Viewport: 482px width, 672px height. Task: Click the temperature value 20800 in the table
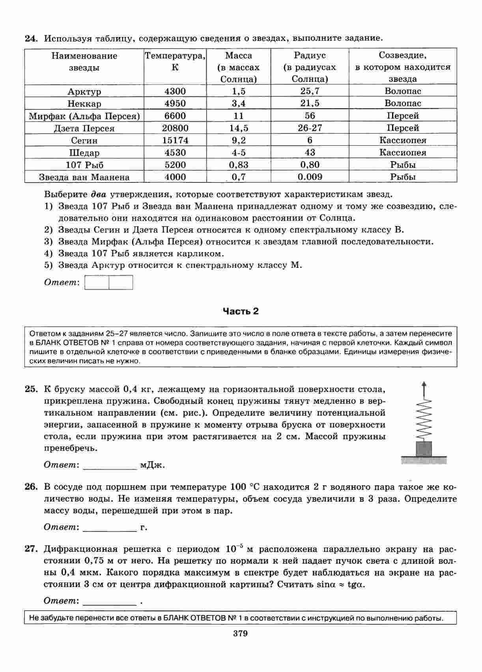[175, 128]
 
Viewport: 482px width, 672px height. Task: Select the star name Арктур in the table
[84, 92]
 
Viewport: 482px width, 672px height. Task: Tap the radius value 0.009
[310, 177]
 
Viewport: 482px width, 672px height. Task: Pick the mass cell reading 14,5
[239, 128]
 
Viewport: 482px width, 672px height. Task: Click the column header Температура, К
[175, 61]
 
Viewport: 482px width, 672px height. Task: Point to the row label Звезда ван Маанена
[84, 177]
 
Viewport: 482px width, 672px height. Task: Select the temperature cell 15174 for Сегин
[175, 140]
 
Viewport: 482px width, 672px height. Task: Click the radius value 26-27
[310, 128]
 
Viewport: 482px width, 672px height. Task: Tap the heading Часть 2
[241, 311]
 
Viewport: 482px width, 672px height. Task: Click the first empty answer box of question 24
[97, 282]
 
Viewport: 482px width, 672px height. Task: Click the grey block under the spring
[424, 448]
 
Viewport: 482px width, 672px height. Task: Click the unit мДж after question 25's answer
[152, 465]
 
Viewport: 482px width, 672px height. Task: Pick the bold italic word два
[99, 194]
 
